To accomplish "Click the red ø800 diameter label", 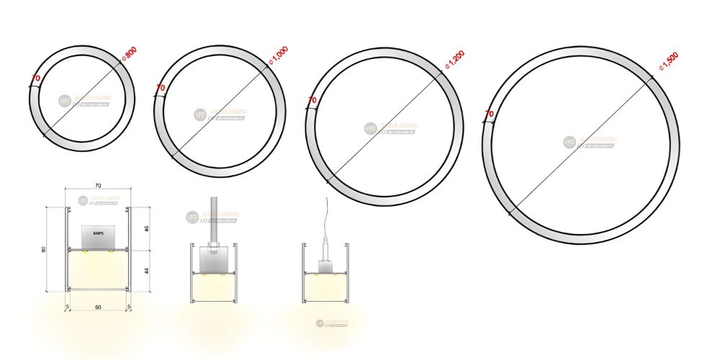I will [x=130, y=54].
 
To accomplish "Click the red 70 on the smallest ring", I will [x=35, y=78].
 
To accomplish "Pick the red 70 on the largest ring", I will [x=489, y=114].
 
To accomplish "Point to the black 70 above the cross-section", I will [x=98, y=186].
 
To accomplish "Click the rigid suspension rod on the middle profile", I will [x=213, y=220].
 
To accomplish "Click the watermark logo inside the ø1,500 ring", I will [x=569, y=143].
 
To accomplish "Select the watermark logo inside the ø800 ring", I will [x=64, y=102].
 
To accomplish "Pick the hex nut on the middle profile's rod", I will [x=213, y=251].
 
